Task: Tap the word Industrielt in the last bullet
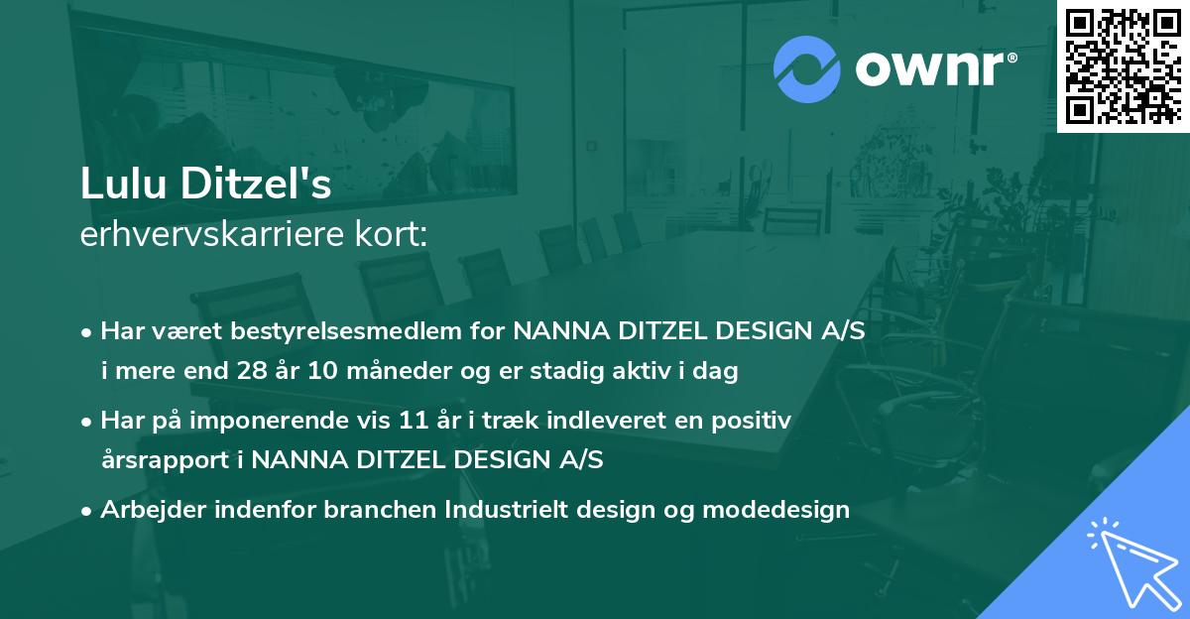tap(504, 510)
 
